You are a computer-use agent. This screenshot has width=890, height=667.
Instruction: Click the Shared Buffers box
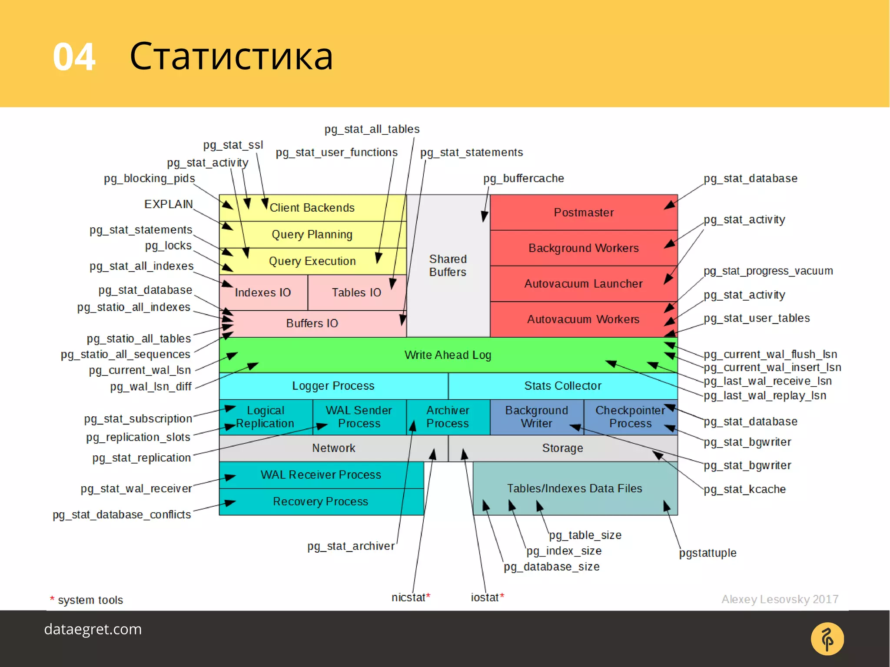coord(448,265)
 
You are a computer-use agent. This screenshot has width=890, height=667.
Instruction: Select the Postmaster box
coord(583,212)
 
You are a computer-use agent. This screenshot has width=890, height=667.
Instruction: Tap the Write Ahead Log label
coord(448,355)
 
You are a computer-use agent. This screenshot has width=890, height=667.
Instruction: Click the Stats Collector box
coord(562,386)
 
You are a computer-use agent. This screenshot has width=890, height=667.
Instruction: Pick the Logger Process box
coord(333,386)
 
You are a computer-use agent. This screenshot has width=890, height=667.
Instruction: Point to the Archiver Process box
coord(448,417)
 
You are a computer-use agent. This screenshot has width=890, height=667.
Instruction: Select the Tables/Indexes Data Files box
coord(575,488)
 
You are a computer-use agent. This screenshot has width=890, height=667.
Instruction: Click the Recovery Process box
coord(321,501)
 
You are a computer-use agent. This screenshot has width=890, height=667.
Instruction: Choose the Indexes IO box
coord(263,292)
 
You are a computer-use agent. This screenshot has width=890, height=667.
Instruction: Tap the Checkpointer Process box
coord(630,417)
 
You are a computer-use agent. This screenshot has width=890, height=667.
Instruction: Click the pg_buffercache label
coord(524,179)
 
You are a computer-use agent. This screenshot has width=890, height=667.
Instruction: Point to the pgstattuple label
coord(707,553)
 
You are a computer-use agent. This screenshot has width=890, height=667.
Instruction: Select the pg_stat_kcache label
coord(744,489)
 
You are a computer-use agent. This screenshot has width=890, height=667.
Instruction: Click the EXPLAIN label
coord(169,204)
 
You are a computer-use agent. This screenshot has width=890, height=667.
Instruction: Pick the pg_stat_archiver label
coord(351,546)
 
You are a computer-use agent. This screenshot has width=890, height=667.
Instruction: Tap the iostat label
coord(485,598)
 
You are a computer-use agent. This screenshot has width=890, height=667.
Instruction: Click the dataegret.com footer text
coord(93,629)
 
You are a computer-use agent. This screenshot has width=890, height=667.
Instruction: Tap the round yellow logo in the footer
coord(827,639)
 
